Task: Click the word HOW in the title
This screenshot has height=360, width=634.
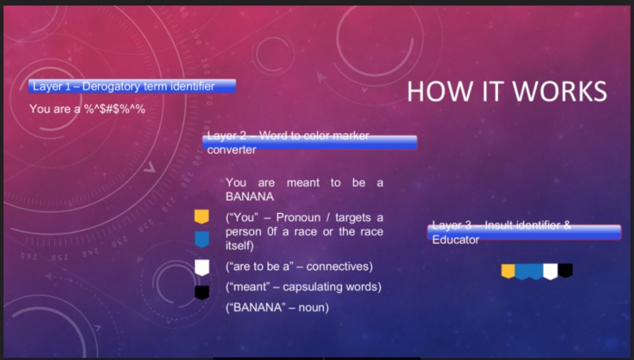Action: [x=433, y=91]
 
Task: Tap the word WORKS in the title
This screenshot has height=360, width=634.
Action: [x=562, y=91]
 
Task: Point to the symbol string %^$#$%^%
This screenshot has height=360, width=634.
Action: [x=115, y=109]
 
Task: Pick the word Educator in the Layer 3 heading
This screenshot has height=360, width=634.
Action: [x=455, y=239]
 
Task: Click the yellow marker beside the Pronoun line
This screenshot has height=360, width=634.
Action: [x=201, y=216]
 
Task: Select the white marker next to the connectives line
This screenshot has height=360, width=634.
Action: [x=201, y=266]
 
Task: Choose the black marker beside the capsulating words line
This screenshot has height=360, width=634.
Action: [x=201, y=292]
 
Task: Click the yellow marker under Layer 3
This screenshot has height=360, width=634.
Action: [x=508, y=271]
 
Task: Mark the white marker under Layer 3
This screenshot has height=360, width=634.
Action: [x=551, y=271]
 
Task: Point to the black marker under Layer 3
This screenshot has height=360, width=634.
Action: [x=566, y=270]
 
